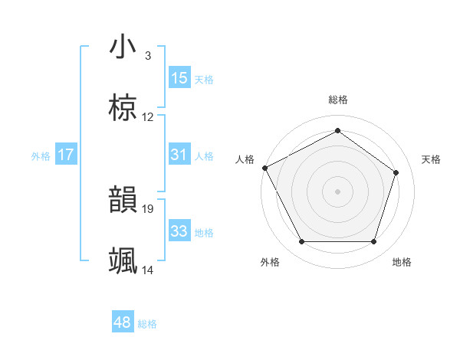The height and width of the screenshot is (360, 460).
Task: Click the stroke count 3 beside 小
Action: [147, 56]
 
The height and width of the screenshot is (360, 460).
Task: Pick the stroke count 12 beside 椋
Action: [148, 117]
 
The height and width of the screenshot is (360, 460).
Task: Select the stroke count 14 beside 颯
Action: [148, 270]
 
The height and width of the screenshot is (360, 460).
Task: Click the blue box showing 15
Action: [179, 78]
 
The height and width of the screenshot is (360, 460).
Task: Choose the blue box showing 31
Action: [179, 155]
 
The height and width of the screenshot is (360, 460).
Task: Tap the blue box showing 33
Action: [179, 231]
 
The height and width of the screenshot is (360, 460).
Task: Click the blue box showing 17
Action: [66, 155]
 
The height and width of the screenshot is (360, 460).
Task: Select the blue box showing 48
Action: [123, 322]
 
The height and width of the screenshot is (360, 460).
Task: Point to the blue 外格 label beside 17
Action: [41, 156]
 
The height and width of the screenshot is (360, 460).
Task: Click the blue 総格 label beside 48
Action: [147, 324]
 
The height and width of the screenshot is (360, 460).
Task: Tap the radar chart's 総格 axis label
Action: [337, 100]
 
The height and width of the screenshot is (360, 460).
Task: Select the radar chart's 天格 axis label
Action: [432, 159]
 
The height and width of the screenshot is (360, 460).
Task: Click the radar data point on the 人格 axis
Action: [264, 167]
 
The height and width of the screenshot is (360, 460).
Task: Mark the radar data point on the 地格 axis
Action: [373, 242]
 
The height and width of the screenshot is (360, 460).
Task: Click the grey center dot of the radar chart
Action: [337, 191]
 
